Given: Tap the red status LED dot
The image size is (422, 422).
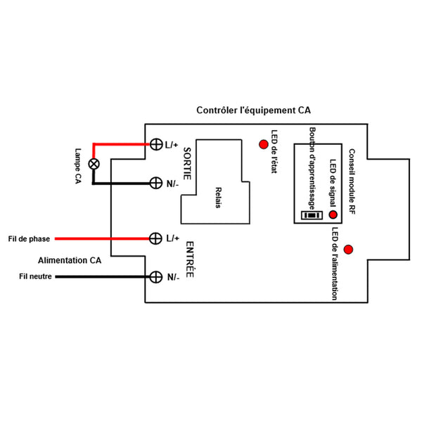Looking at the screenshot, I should (264, 145).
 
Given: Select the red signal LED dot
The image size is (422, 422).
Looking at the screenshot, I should (333, 215).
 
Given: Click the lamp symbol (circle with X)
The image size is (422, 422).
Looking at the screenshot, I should (91, 164).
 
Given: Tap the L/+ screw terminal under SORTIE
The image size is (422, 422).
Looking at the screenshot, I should (156, 145).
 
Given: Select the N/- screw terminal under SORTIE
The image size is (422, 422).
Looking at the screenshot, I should (156, 183).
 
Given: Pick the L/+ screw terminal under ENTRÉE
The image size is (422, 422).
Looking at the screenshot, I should (156, 238).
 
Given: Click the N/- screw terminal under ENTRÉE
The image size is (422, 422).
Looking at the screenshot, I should (156, 276).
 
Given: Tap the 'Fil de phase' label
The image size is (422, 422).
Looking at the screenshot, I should (29, 239).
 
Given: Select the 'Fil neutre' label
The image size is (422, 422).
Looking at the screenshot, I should (35, 276).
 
